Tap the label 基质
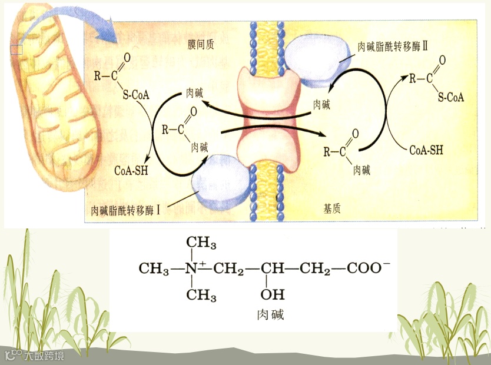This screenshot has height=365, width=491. [x=332, y=208]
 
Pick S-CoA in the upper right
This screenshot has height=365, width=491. [x=450, y=98]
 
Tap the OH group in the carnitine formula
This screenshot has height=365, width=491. [x=272, y=294]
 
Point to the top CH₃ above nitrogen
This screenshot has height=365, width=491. [x=201, y=243]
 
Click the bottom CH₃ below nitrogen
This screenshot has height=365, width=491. [x=201, y=294]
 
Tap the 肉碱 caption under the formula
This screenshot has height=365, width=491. [x=271, y=314]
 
